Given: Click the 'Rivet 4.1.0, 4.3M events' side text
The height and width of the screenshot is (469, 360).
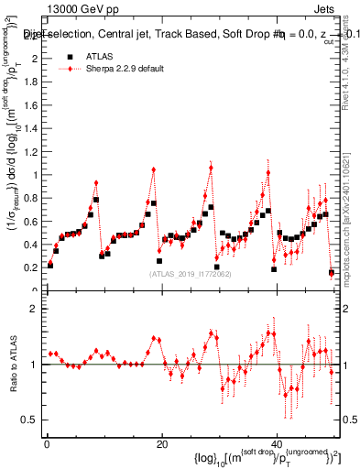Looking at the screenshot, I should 350,73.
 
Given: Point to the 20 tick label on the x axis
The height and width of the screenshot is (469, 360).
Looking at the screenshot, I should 162,444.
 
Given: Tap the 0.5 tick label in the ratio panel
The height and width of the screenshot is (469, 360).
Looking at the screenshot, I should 31,420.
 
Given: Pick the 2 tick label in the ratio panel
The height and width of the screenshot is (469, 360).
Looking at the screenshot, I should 36,309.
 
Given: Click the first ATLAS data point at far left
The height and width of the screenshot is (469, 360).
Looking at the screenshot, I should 50,265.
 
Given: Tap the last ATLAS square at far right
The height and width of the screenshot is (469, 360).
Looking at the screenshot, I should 332,272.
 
